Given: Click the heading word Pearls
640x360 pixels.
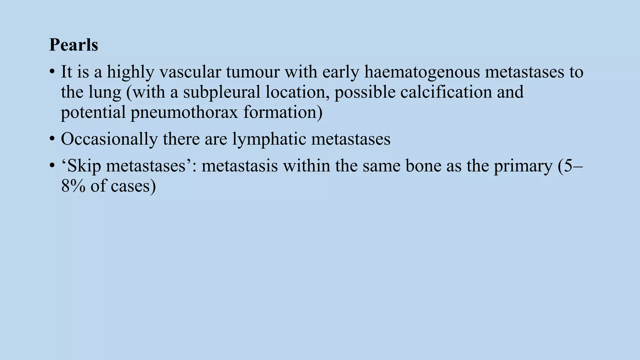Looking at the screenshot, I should click(x=74, y=45).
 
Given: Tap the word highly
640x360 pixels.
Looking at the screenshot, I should click(x=131, y=72).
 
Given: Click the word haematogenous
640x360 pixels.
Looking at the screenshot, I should click(x=422, y=72).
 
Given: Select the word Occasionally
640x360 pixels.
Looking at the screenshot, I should click(x=109, y=139).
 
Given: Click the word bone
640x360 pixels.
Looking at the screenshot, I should click(x=423, y=166).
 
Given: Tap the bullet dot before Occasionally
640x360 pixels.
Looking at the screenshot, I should click(x=52, y=139).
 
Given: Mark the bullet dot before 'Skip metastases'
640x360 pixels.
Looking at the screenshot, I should click(x=52, y=166).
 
